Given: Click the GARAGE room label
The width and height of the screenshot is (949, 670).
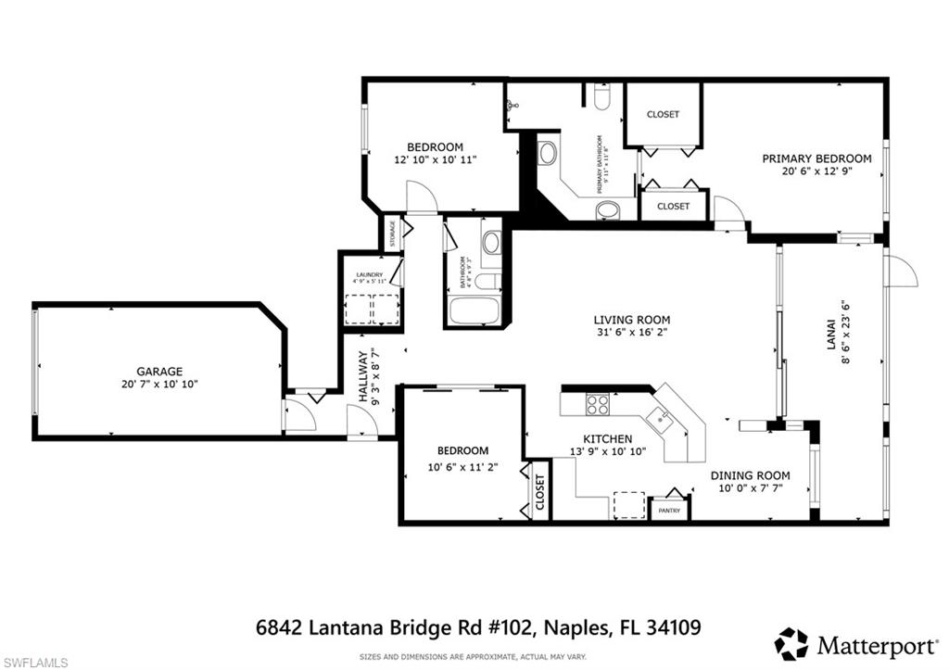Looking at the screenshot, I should [x=159, y=371].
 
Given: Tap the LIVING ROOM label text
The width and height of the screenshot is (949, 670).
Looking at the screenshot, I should [x=631, y=321].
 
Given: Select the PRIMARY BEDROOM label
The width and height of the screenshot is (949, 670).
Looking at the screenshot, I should [x=816, y=158].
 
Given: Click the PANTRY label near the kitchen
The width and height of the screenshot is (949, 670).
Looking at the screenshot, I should [x=669, y=511].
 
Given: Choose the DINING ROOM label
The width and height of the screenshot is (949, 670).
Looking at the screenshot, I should [x=750, y=475].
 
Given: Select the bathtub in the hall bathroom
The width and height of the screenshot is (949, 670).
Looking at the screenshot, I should [x=474, y=310].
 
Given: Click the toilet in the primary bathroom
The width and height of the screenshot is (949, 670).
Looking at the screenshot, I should [x=602, y=97].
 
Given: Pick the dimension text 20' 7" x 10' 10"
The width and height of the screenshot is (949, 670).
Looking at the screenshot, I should [x=159, y=384].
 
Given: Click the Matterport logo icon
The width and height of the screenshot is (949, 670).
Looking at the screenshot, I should [x=791, y=643].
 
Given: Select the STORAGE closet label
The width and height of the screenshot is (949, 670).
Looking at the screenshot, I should [x=391, y=233].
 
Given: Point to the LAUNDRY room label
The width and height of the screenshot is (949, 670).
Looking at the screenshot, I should [x=370, y=275].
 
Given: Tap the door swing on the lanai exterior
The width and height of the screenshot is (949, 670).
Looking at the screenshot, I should [x=900, y=272].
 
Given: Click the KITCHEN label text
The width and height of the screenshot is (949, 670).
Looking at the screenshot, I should [x=607, y=438].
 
